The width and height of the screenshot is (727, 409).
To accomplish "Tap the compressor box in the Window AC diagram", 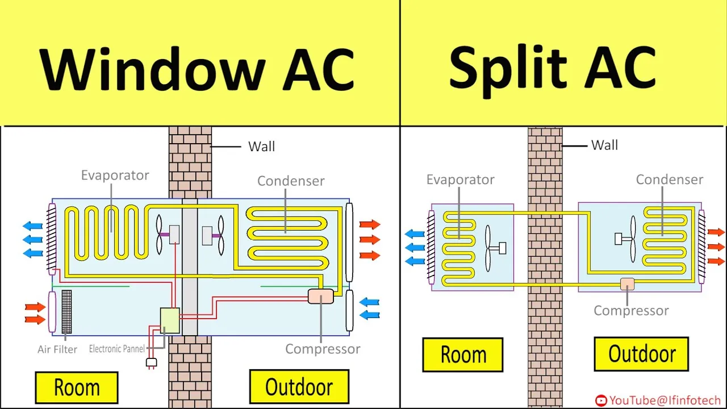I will (x=321, y=296).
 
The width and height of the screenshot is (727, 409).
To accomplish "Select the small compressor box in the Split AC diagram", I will (x=627, y=283).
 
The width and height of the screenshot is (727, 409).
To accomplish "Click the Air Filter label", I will (x=57, y=349).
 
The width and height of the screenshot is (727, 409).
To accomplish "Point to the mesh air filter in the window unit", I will (x=66, y=311).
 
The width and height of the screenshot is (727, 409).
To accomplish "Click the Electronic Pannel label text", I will (x=117, y=349).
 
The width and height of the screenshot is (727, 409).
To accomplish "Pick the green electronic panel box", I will (x=170, y=320).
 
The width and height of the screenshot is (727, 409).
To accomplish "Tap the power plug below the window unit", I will (x=151, y=362).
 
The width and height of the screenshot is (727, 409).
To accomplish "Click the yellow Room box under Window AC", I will (x=77, y=388).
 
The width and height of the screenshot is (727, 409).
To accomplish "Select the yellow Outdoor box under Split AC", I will (x=641, y=354).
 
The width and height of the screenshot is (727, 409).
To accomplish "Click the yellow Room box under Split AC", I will (x=463, y=355).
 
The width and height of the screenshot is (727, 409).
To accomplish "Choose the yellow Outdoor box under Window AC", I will (x=299, y=387).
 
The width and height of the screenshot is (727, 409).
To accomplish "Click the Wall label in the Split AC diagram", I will (x=604, y=145).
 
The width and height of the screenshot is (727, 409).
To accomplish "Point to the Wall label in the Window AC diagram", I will (x=261, y=147).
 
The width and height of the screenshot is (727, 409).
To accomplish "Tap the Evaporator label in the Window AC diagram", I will (x=115, y=175).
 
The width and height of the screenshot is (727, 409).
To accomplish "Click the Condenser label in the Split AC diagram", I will (x=669, y=180).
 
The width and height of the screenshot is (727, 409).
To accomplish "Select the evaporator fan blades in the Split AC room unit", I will (x=488, y=248).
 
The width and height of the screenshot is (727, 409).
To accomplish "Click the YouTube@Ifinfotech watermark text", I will (x=665, y=400).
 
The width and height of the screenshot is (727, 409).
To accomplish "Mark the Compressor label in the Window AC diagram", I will (x=323, y=349).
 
